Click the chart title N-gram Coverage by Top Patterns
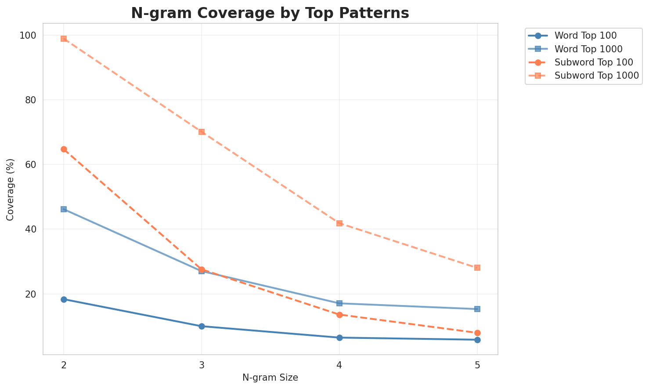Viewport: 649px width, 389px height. (270, 13)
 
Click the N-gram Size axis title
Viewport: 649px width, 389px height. (270, 378)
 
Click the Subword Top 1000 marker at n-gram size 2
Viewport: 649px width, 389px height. (64, 39)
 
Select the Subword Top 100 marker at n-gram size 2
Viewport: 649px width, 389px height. (64, 149)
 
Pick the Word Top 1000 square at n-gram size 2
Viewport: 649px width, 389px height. (64, 209)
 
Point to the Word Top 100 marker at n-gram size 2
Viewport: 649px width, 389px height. (64, 299)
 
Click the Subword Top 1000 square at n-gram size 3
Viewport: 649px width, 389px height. (202, 132)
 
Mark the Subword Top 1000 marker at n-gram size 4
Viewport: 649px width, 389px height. (339, 223)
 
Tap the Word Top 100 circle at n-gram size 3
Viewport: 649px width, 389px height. (202, 326)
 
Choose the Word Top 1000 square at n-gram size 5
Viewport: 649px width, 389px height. (477, 309)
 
